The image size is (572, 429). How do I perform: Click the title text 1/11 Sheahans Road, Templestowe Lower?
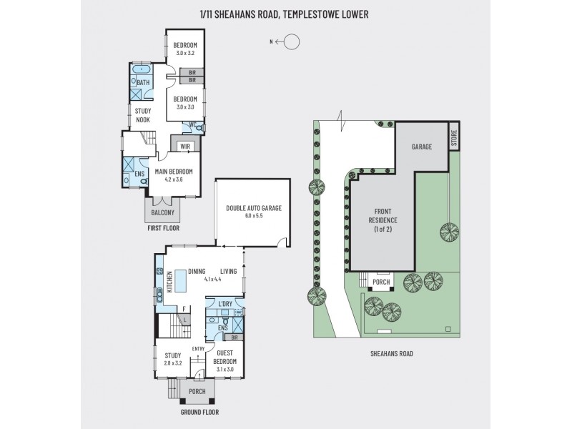click(x=286, y=13)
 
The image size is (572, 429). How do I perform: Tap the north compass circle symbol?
click(x=292, y=41)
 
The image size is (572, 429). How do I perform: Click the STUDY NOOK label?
click(x=143, y=114)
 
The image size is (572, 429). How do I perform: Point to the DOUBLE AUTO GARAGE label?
click(x=254, y=211)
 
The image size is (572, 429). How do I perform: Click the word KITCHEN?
click(x=169, y=282)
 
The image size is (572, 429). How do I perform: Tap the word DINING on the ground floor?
click(x=197, y=271)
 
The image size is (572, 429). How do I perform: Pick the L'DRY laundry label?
click(x=225, y=304)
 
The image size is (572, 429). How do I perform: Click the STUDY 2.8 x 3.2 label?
click(x=173, y=358)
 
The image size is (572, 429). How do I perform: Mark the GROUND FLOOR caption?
click(x=200, y=413)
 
